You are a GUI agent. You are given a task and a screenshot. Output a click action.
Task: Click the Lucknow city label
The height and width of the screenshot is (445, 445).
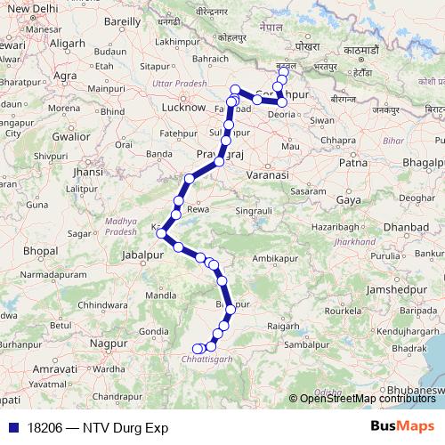click(161, 107)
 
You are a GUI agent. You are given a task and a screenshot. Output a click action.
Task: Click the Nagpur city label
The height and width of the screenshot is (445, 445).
click(109, 342)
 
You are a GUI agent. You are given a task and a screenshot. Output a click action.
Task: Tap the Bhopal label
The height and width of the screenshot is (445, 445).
click(40, 252)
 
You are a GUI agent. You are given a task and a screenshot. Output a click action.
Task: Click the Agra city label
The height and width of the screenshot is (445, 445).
click(66, 76)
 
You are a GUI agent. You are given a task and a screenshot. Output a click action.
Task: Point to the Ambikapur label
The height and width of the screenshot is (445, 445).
click(274, 257)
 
